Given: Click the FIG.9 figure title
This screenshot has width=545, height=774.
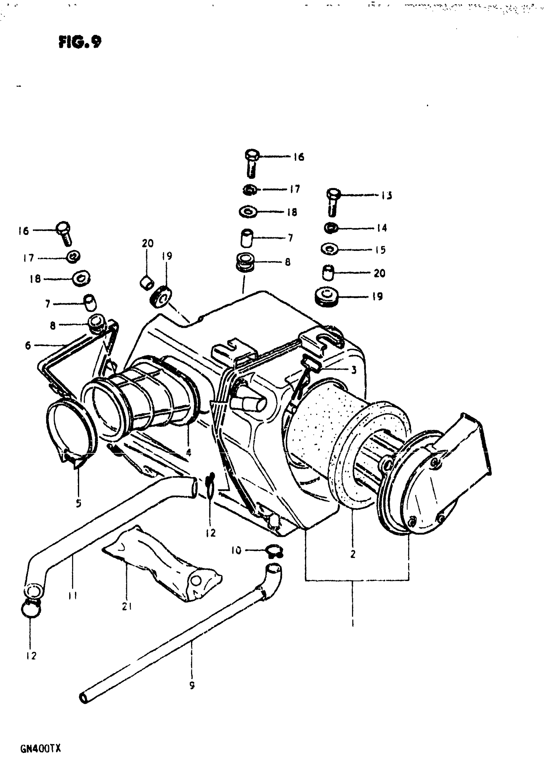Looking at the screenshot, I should point(80,42).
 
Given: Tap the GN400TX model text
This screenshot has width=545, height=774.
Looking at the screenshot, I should point(40,749).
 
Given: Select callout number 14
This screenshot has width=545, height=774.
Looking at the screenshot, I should point(382,228).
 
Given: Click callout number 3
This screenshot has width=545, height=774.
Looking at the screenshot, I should point(353,370).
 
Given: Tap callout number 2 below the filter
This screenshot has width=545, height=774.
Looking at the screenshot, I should point(353,553).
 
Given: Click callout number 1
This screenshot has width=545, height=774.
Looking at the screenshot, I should point(353,620).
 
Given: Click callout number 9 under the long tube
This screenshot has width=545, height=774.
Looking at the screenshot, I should point(192,685).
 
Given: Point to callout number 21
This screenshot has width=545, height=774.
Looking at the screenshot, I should point(127,606).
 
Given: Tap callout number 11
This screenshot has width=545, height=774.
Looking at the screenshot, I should point(72,596).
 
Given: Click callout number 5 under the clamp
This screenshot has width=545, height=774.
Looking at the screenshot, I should point(78,513).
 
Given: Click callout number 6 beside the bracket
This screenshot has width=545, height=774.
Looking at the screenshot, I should point(28,345).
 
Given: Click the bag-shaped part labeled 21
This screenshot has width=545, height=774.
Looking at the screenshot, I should point(162,570).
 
